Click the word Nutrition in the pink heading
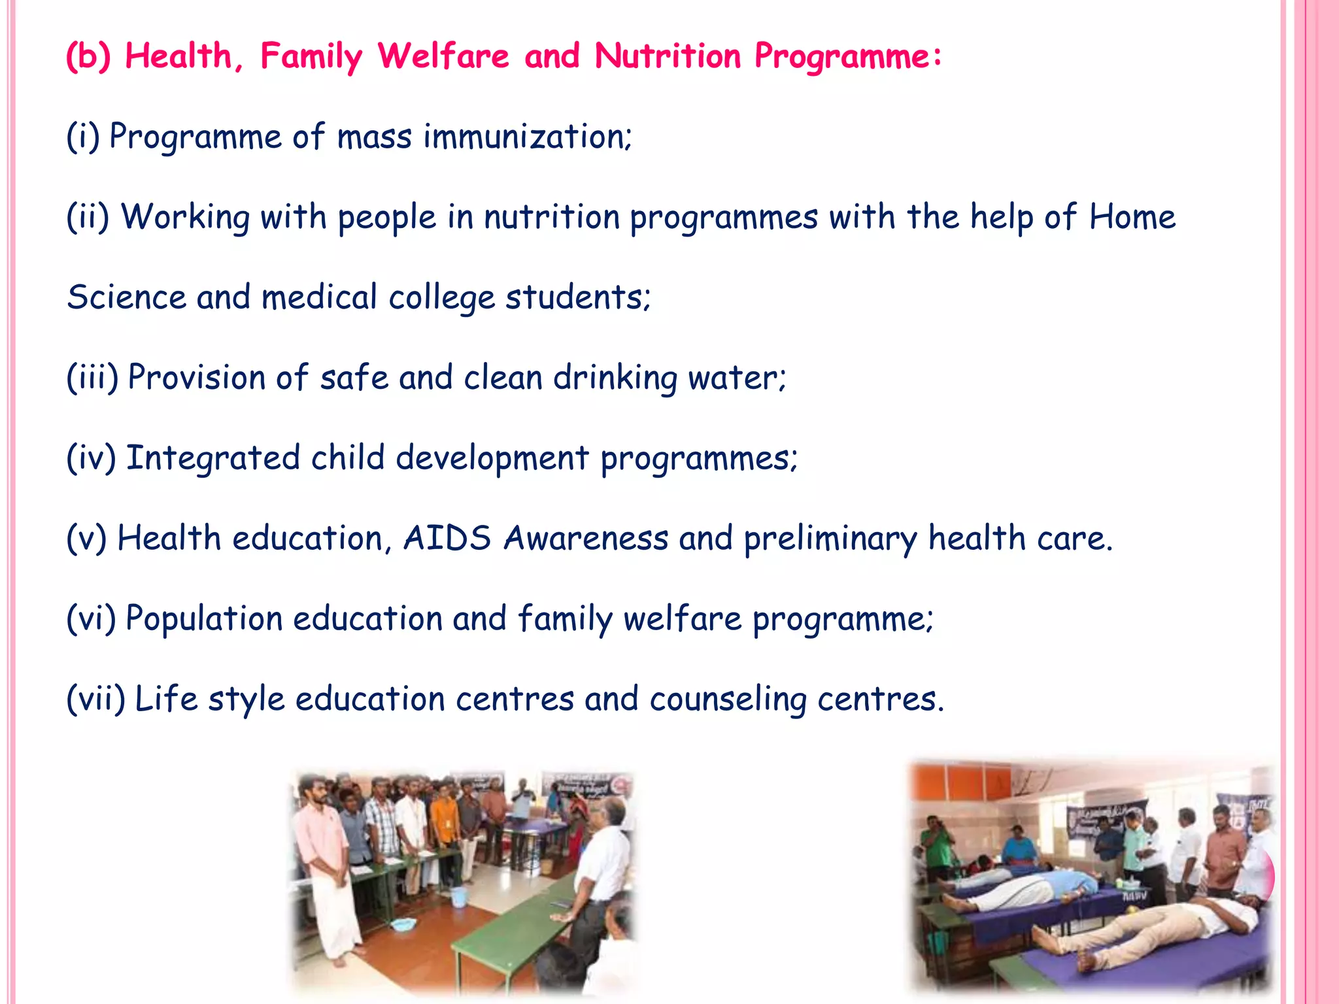667,56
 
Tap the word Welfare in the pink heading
443,56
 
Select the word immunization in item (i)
527,137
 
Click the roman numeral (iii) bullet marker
92,378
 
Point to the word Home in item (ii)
1132,217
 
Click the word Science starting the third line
126,297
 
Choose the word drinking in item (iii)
615,378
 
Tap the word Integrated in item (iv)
212,458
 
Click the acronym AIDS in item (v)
447,539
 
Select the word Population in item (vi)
203,618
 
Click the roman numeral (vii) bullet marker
95,699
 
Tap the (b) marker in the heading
88,56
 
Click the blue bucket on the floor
458,896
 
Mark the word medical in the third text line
319,297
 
